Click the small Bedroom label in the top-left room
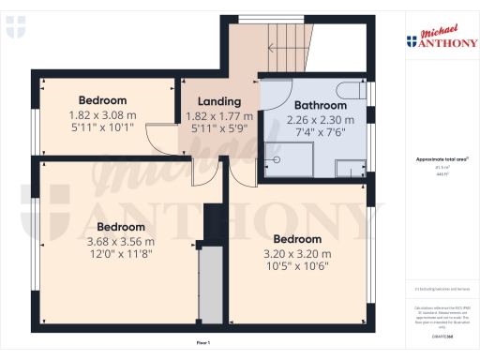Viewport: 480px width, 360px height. (x=102, y=100)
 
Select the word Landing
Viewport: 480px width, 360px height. (x=219, y=101)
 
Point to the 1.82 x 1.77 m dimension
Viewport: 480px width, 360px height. (x=219, y=116)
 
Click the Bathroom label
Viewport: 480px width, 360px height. (x=321, y=105)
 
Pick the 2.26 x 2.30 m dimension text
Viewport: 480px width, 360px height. (x=321, y=120)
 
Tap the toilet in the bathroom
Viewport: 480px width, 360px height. (x=353, y=90)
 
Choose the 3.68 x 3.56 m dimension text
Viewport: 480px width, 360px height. (x=121, y=240)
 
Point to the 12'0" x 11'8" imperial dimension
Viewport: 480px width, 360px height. (x=121, y=253)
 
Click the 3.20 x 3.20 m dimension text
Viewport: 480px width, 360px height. (x=297, y=253)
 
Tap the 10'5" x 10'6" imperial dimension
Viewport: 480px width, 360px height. (x=297, y=266)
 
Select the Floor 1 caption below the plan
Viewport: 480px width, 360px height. (x=202, y=344)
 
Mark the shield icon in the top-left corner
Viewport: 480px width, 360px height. (x=11, y=31)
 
